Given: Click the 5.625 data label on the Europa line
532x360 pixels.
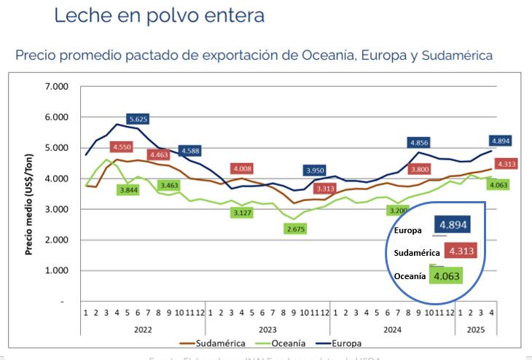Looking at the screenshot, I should [x=138, y=119].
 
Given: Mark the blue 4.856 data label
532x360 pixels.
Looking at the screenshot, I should [x=419, y=143].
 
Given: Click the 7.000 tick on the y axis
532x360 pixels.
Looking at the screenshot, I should [x=56, y=87].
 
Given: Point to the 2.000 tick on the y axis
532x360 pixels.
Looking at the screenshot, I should [x=56, y=240].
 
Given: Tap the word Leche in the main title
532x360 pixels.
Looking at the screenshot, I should [x=80, y=15].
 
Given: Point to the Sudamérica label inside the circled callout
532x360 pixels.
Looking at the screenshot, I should [x=417, y=253].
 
